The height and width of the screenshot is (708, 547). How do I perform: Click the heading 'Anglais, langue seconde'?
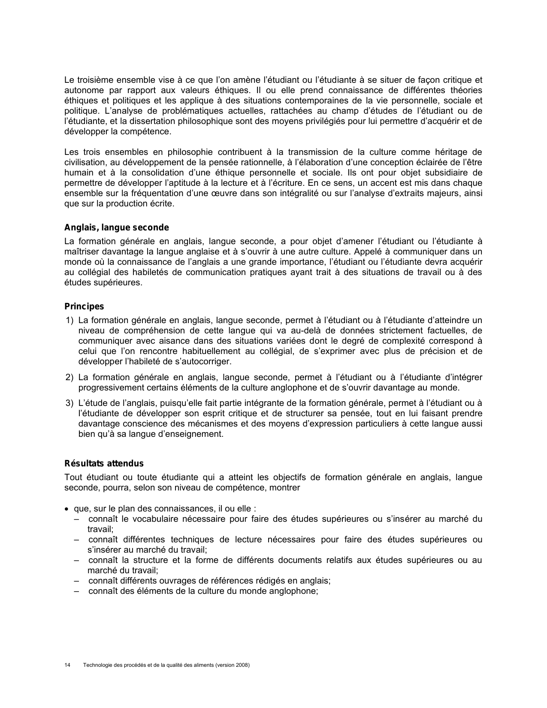tap(116, 228)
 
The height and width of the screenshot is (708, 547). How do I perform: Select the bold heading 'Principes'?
tap(84, 306)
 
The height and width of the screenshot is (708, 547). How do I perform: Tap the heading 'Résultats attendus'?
tap(104, 463)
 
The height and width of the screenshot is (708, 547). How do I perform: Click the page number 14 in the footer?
tap(67, 665)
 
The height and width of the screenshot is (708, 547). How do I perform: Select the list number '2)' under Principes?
tap(70, 378)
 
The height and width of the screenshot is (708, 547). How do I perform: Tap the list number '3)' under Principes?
tap(70, 403)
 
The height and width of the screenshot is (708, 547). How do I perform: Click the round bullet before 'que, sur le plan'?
tap(66, 509)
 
